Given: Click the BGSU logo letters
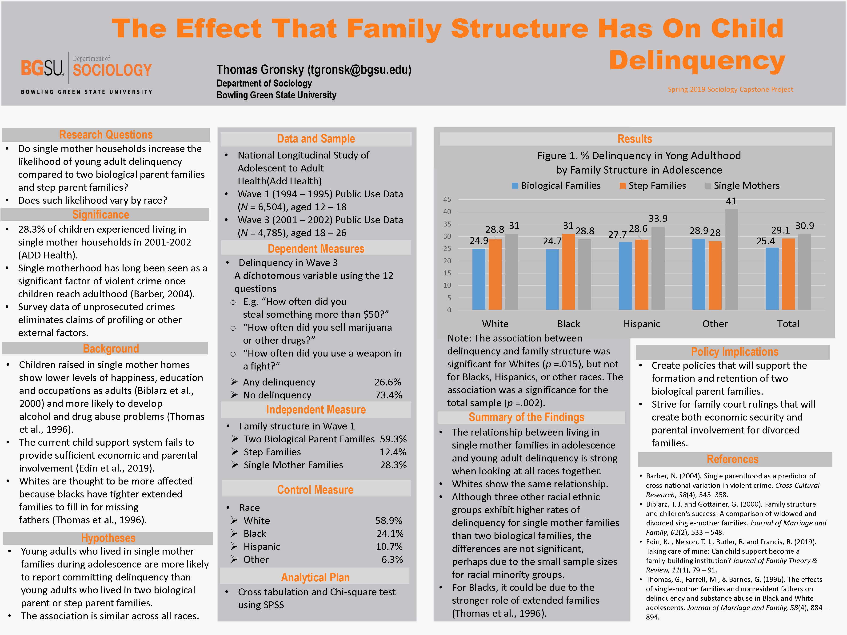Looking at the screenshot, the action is point(42,68).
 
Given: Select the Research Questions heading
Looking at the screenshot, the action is point(106,135).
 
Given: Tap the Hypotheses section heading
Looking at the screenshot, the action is point(108,538).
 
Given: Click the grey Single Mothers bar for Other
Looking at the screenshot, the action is point(731,259).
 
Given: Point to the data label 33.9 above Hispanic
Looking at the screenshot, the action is point(658,218).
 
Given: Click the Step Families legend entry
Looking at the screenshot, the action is point(653,186).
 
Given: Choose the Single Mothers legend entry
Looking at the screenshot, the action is point(742,186).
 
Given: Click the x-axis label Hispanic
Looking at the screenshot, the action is point(642,324).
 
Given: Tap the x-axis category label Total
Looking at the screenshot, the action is point(788,324).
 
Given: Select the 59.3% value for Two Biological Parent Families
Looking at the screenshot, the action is point(393,439).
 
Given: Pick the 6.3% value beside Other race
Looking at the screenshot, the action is point(392,560).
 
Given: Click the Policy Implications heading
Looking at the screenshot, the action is point(735,352).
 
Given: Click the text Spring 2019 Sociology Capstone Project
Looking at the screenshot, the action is point(730,89).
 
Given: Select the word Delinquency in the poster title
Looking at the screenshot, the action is point(697,60).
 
